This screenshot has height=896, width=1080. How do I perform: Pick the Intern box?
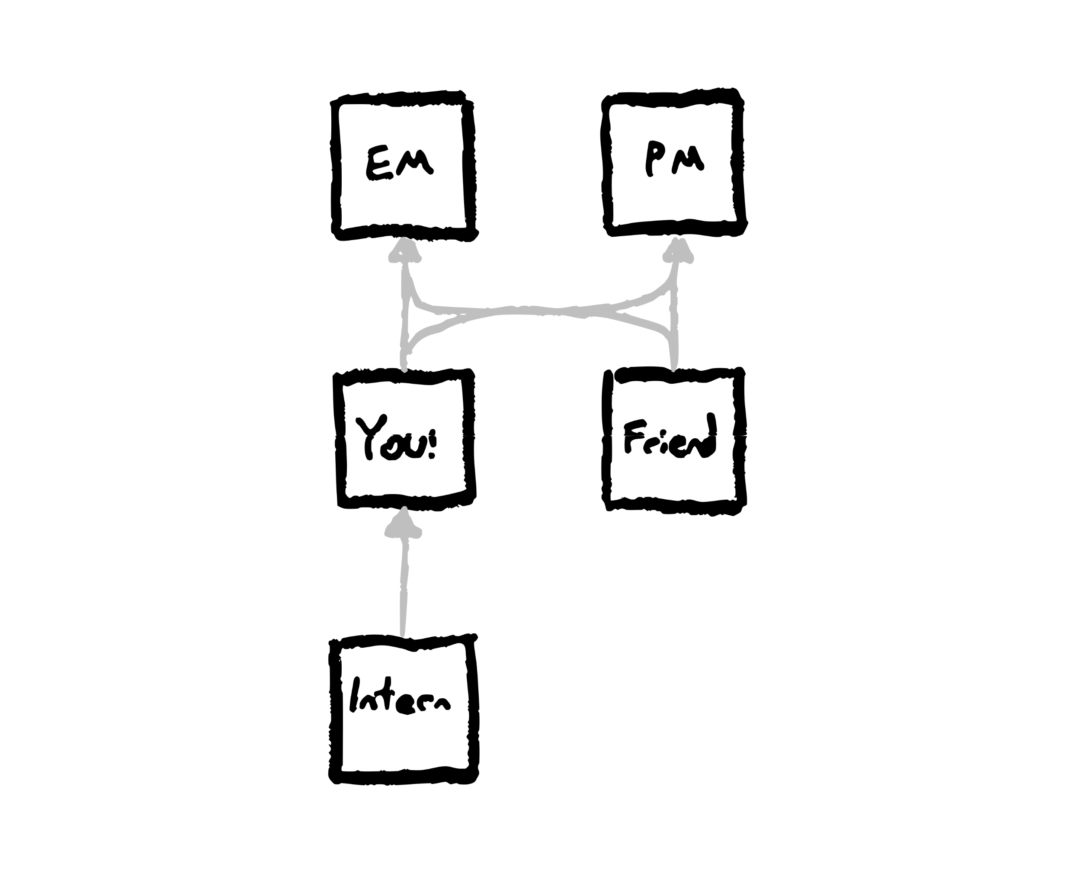tap(403, 710)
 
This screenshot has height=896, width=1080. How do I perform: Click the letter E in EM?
tap(379, 163)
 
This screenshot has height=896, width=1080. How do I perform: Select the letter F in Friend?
tap(634, 437)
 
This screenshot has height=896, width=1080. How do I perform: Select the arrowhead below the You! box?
tap(404, 523)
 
